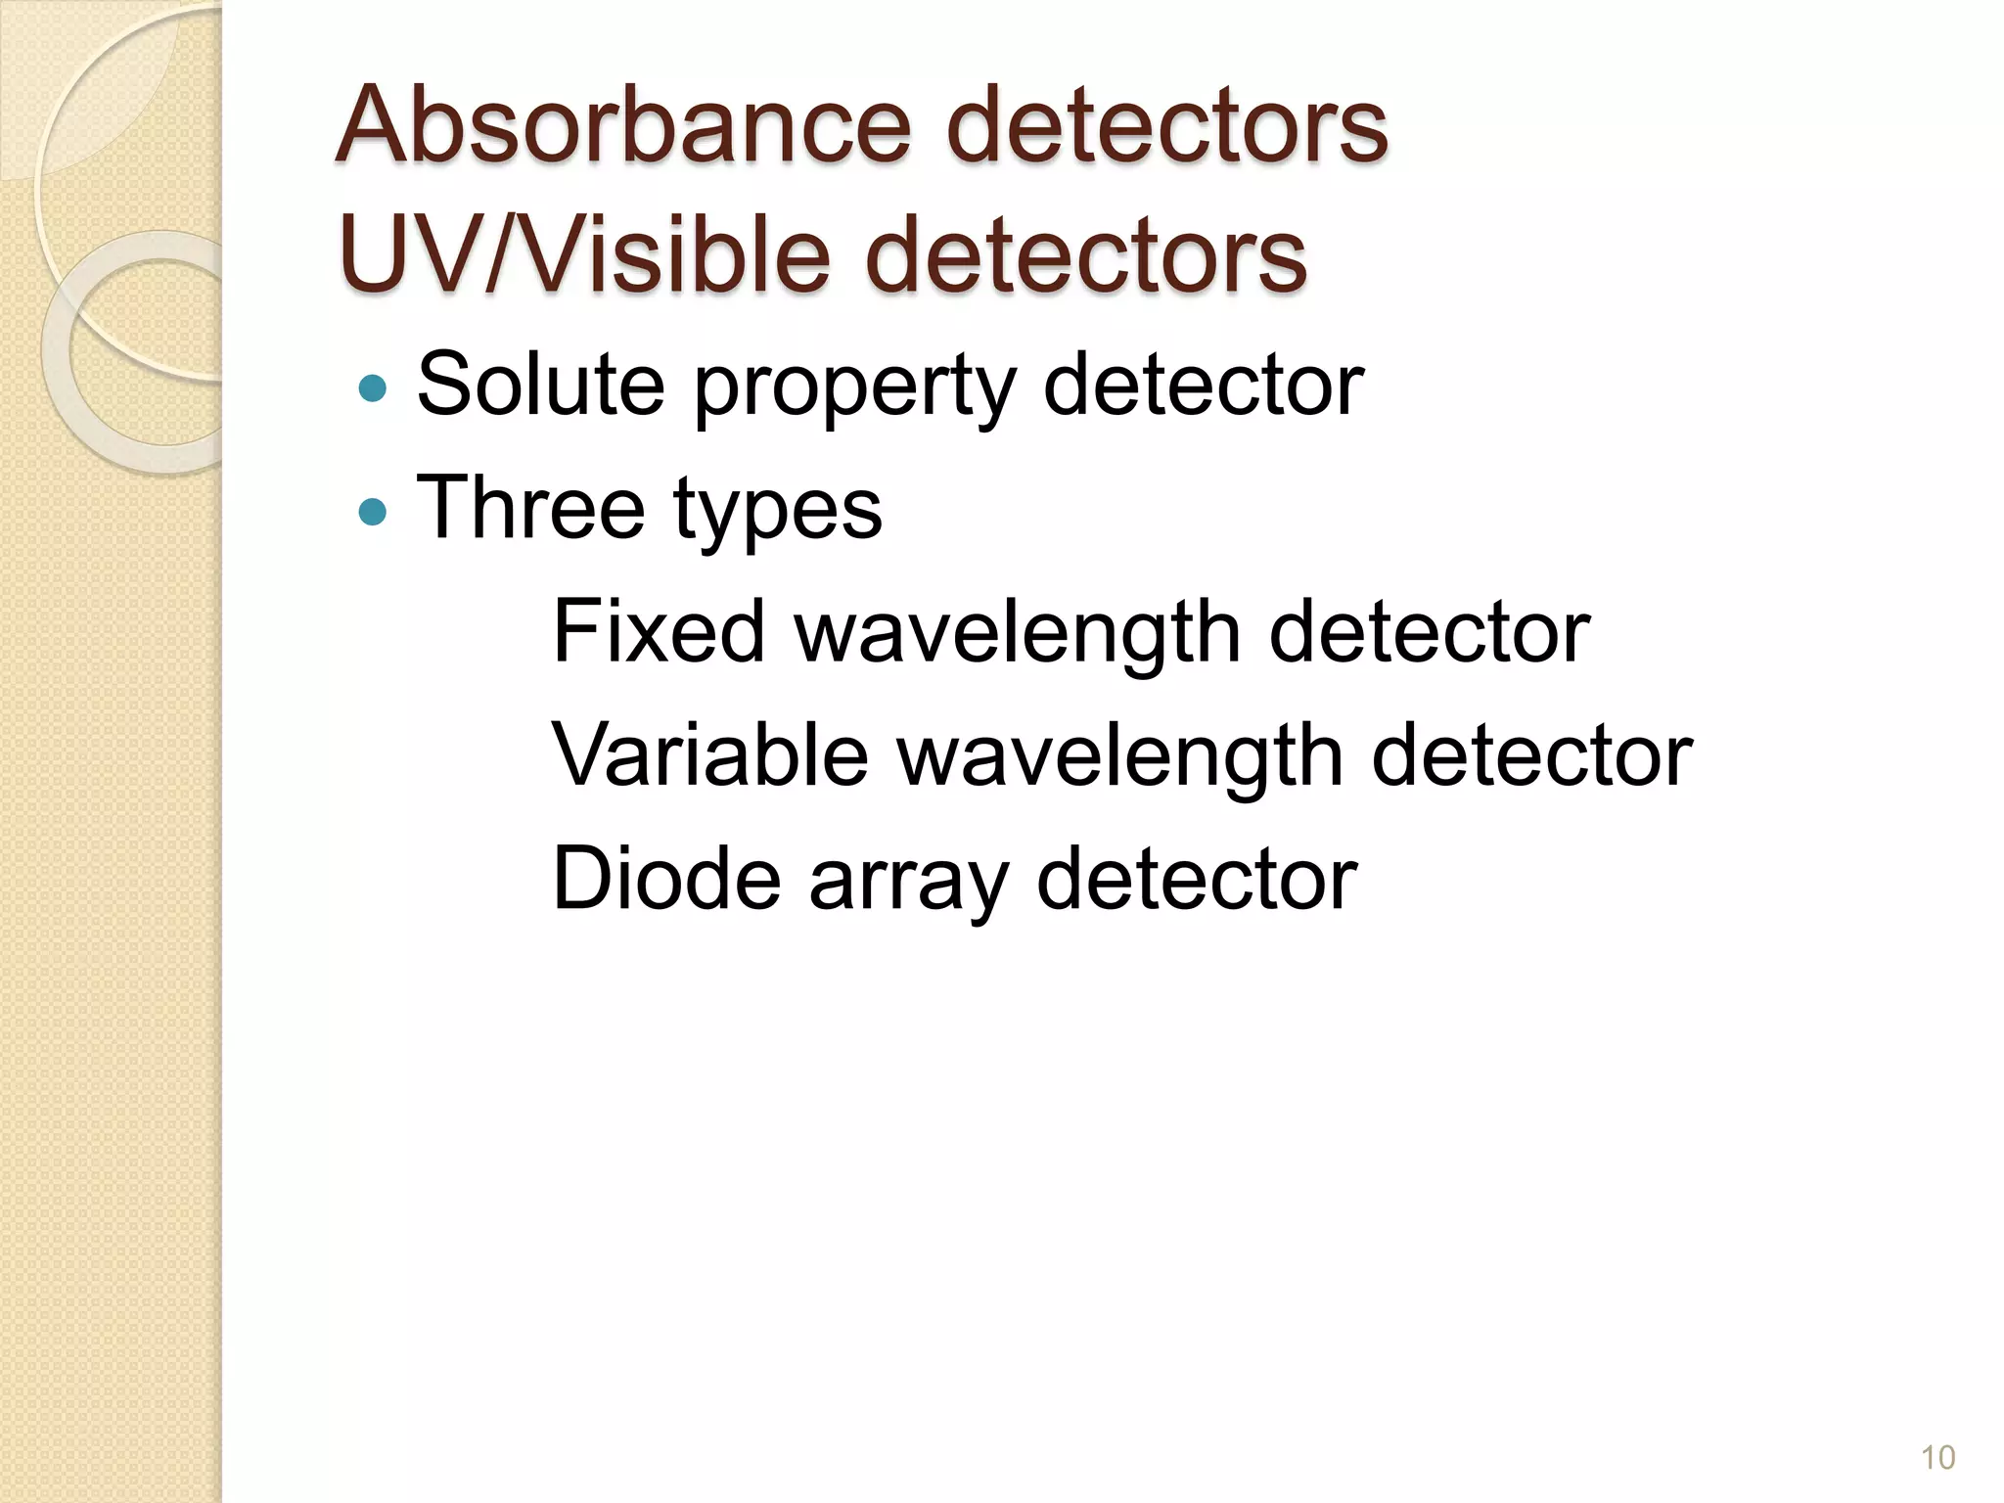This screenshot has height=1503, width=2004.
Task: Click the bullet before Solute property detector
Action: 373,388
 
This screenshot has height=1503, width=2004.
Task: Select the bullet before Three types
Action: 373,511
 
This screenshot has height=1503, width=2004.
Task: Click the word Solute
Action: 540,385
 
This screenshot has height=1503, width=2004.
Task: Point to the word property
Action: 853,388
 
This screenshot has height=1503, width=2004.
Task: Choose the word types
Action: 778,512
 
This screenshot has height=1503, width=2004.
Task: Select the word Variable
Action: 710,755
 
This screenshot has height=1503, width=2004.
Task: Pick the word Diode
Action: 666,879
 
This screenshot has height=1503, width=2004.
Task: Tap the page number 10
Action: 1937,1457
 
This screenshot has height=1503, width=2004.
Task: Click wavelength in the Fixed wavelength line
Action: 1017,634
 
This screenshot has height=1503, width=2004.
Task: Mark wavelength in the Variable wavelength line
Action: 1119,757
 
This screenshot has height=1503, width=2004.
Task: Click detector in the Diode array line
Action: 1196,879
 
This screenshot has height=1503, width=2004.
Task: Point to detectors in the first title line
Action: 1166,126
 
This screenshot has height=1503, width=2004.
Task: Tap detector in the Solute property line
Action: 1203,385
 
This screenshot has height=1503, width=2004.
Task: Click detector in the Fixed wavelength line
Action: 1429,632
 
